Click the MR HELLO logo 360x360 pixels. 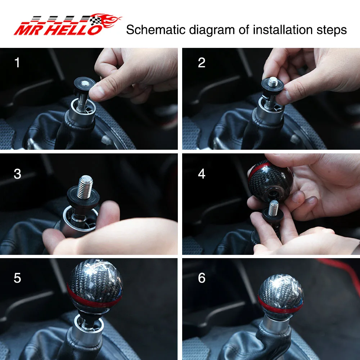(68, 24)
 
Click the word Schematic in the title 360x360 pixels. (156, 30)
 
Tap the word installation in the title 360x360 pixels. (283, 30)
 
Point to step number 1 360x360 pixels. (17, 62)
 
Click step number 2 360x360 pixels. (202, 62)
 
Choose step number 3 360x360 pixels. (17, 174)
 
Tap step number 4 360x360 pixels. (202, 174)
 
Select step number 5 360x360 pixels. (17, 278)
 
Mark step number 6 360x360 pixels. (202, 278)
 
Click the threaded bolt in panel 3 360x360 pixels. (85, 187)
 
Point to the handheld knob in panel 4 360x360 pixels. (270, 181)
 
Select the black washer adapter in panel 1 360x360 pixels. (85, 85)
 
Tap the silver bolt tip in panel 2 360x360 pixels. (273, 81)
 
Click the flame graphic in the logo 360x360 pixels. (108, 20)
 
